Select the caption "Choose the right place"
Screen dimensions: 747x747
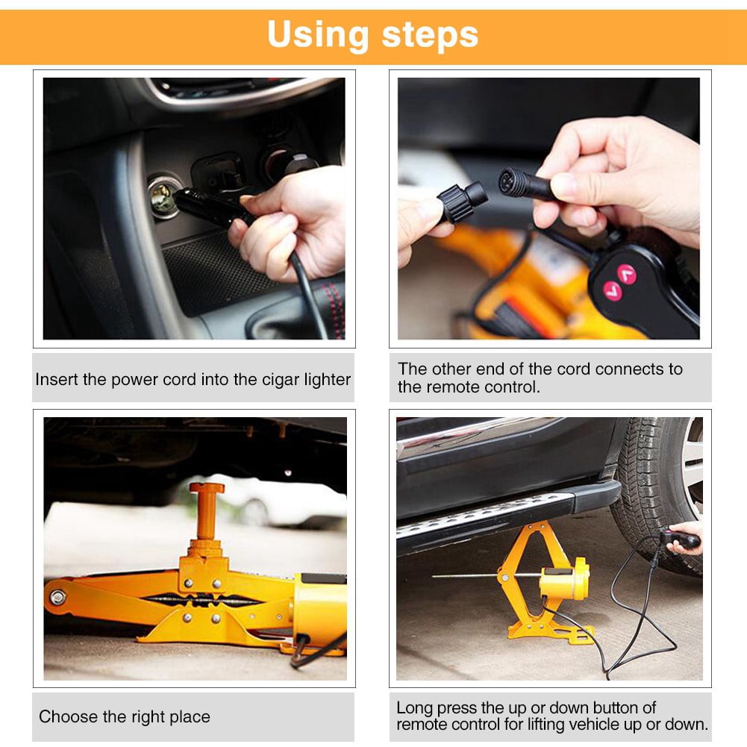click(125, 717)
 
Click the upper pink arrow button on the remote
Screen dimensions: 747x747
click(625, 274)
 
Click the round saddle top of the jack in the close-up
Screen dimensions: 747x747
click(206, 490)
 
